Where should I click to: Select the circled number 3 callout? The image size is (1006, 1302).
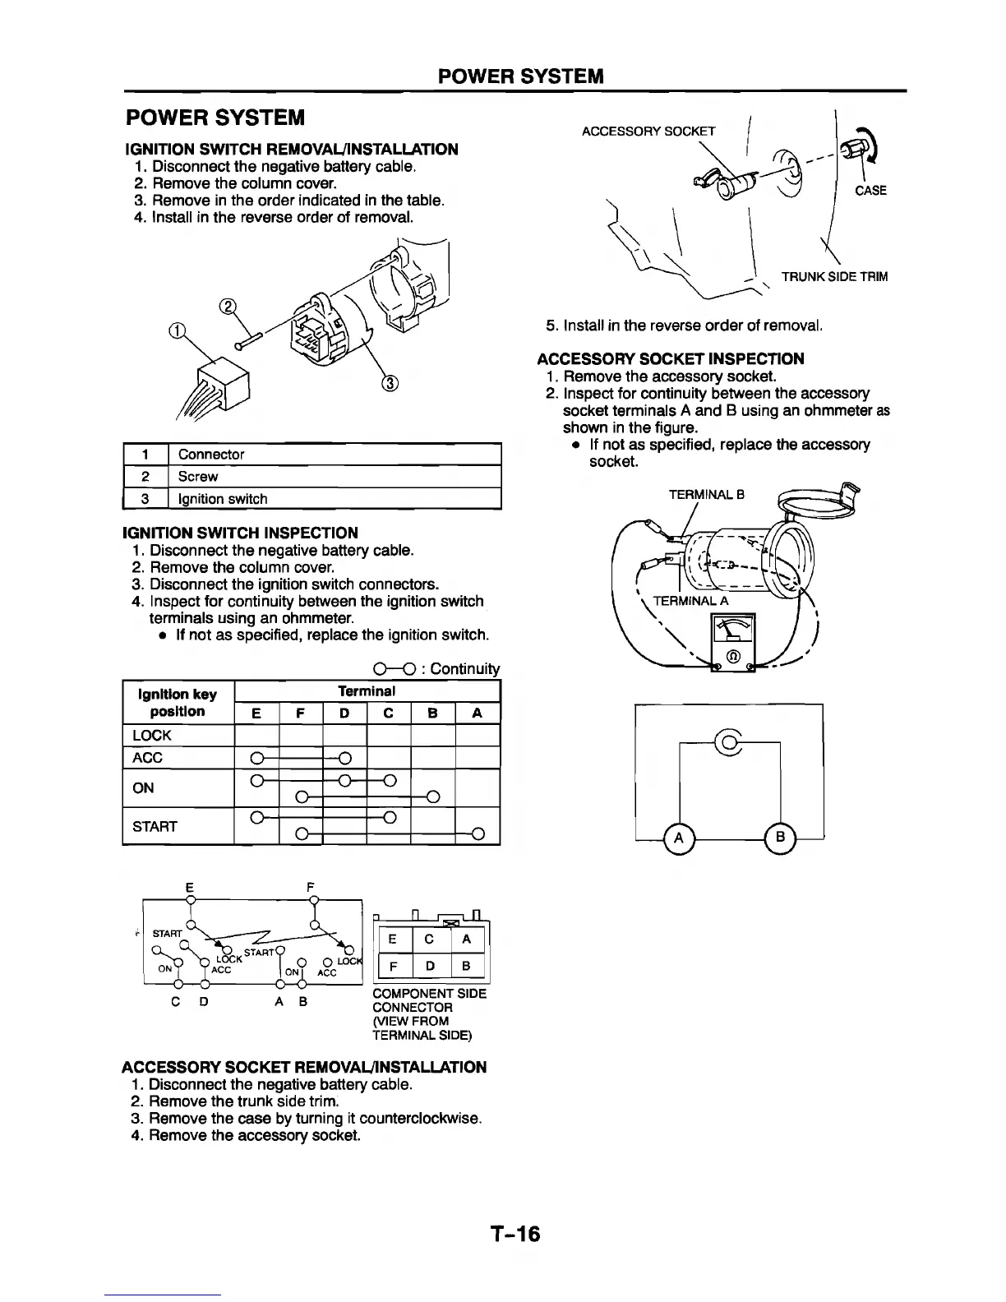point(390,384)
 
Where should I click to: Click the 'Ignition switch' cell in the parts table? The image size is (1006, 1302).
point(222,499)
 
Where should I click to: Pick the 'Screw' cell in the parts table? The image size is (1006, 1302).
point(198,477)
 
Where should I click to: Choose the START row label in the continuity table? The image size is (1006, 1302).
point(155,826)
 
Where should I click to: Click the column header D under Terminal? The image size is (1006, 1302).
point(344,713)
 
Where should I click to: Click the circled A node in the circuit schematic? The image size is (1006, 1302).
point(679,838)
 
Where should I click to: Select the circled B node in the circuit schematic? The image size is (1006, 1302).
point(781,838)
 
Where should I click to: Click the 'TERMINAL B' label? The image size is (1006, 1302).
point(706,495)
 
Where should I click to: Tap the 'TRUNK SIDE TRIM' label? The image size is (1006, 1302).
point(834,277)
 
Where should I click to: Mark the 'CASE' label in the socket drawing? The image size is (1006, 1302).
point(870,191)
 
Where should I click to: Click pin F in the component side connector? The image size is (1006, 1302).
point(394,967)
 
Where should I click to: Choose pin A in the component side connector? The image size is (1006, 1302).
point(466,938)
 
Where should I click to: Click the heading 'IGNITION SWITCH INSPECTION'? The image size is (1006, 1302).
point(240,533)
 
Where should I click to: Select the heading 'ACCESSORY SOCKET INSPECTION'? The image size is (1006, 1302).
point(671,358)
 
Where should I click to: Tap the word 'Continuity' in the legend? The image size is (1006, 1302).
point(464,669)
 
